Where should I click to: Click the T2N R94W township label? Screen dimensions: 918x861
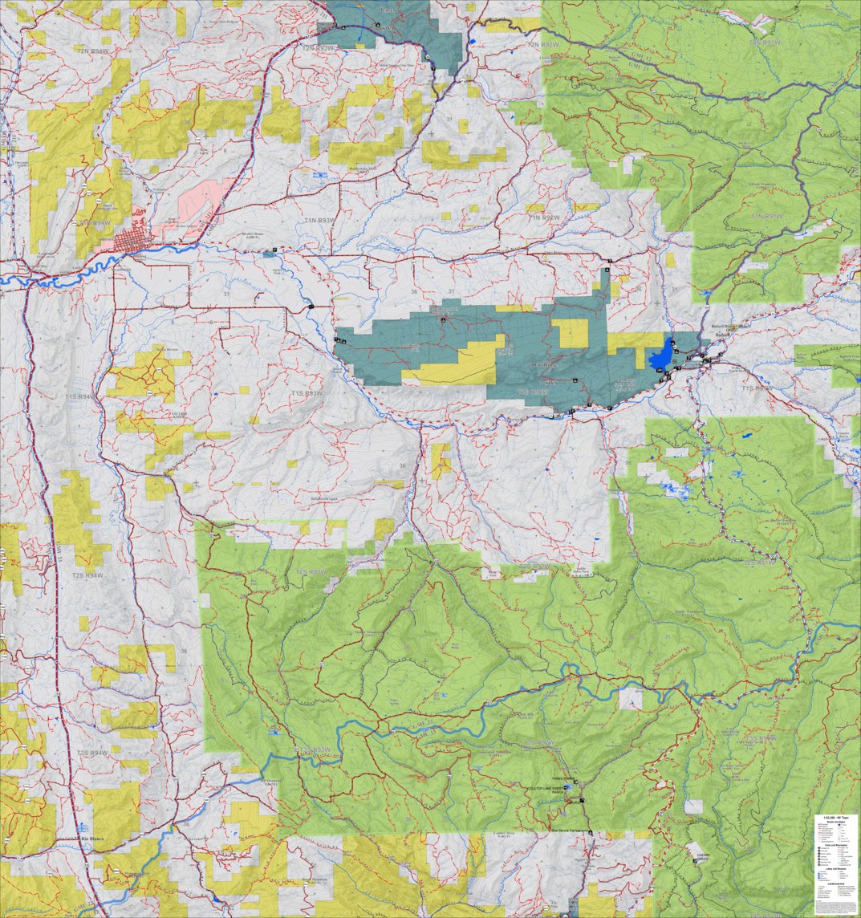click(x=94, y=50)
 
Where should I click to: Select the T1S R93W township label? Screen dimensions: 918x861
click(x=308, y=393)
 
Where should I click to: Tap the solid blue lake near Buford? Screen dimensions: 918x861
click(x=663, y=354)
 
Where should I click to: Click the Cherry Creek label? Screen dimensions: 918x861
click(x=697, y=858)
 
